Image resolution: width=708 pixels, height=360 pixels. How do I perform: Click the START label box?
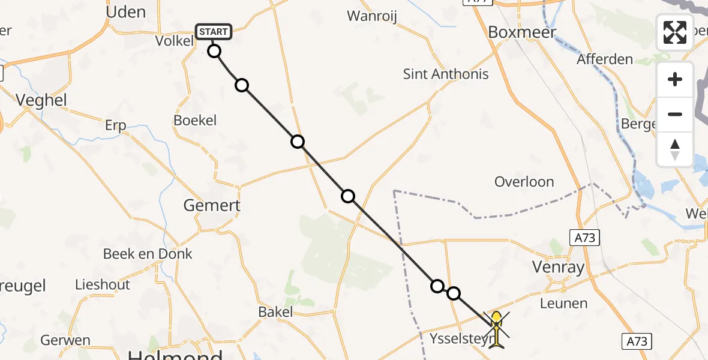tap(213, 32)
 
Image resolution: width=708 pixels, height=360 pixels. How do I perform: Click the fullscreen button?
tap(675, 32)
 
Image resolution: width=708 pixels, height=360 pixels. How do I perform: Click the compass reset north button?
tap(675, 149)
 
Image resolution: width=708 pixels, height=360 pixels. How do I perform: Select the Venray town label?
tap(559, 267)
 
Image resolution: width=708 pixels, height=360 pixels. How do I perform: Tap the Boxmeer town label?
tap(522, 32)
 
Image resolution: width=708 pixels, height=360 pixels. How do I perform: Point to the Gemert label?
tap(212, 205)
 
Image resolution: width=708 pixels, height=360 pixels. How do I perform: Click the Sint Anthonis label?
tap(446, 74)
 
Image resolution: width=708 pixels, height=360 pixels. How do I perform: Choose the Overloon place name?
tap(524, 182)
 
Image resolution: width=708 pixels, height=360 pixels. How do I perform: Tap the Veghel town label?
tap(41, 100)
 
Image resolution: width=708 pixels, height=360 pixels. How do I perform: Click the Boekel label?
tap(195, 121)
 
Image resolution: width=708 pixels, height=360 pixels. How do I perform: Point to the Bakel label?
tap(275, 311)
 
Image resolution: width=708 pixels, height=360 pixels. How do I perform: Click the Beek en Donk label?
tap(148, 254)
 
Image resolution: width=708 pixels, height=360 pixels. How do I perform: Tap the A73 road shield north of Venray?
tap(584, 238)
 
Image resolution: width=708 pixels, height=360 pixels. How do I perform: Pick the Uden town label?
tap(125, 12)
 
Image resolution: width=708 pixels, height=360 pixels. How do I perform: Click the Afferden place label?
tap(605, 59)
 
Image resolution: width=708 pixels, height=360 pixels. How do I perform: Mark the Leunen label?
tap(563, 303)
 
